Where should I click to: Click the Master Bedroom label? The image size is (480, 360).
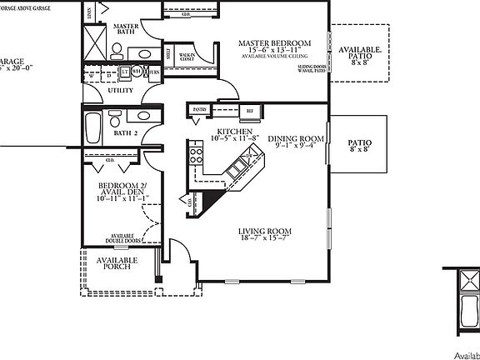point(274,43)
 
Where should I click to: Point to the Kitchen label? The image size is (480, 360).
point(234,132)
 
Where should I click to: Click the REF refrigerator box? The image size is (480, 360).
point(249,111)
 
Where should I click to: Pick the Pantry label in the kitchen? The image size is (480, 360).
point(199,109)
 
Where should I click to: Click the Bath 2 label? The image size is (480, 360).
point(125,133)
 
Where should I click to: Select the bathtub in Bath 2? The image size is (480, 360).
point(93,129)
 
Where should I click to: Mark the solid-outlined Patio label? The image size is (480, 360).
point(359,142)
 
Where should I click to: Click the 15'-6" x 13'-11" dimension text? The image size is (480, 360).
point(274,52)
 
